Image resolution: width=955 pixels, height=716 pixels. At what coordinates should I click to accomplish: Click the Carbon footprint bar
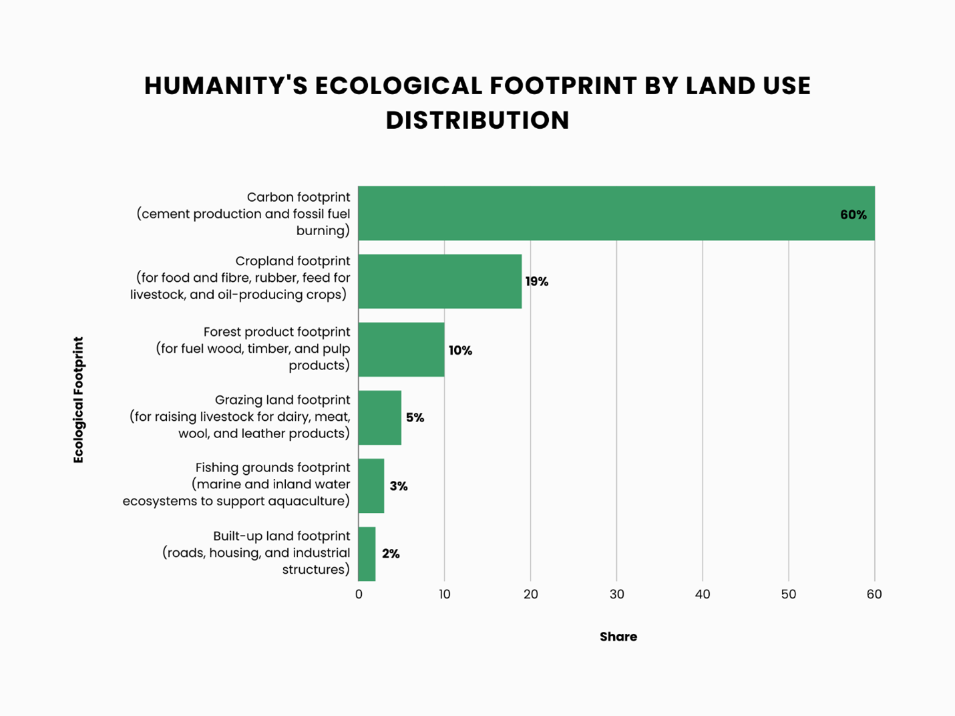pos(601,214)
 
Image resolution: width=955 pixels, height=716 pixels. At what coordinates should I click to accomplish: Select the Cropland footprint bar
pos(439,281)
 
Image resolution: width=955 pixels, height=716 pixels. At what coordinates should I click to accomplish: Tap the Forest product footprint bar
pos(401,350)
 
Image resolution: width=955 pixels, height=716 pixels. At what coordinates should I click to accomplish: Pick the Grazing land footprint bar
pos(379,418)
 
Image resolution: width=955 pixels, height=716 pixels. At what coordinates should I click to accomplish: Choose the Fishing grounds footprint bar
pos(371,486)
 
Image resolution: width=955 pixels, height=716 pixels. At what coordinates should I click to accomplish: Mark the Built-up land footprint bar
pos(367,554)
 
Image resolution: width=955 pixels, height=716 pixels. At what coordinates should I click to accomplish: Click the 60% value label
pos(853,215)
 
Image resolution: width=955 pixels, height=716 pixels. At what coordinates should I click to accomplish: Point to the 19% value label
pos(536,282)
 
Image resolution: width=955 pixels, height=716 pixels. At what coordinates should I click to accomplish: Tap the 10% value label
pos(460,351)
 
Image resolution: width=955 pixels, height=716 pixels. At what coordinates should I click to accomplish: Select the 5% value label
pos(415,418)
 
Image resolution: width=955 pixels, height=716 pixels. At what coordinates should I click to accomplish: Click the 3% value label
pos(399,486)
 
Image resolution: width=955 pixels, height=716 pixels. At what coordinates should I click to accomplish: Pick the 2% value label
pos(391,554)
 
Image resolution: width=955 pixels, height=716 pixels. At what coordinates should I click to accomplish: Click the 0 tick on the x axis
pos(359,594)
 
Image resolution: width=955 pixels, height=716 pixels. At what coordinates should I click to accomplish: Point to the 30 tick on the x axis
pos(616,594)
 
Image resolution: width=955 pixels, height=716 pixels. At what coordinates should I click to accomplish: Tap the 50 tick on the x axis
pos(789,594)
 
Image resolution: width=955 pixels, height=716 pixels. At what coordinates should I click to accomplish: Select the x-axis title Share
pos(618,637)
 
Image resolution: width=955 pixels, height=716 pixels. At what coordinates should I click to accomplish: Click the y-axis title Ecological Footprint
pos(79,399)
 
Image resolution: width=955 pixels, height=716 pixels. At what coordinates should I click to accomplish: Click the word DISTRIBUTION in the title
pos(477,120)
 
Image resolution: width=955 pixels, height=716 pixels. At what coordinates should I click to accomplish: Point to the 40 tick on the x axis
pos(703,594)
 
